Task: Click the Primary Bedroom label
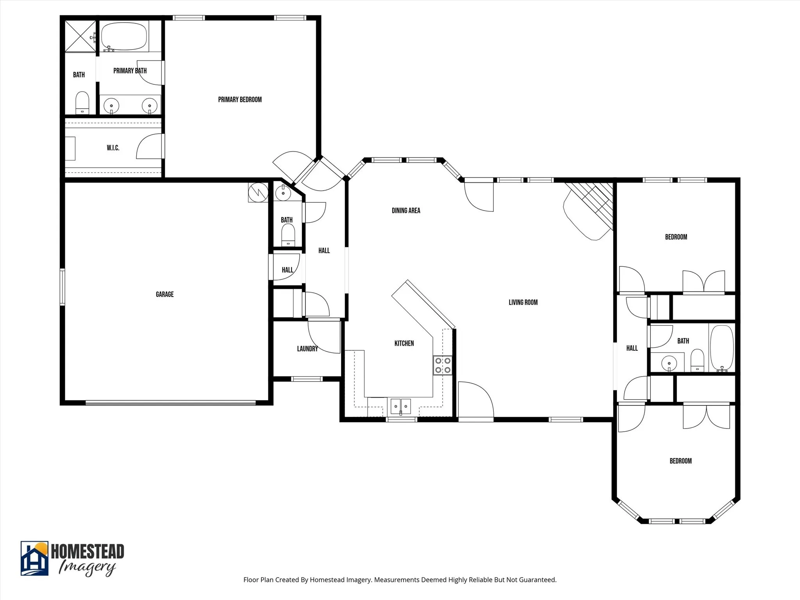[240, 100]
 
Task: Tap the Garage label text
[164, 294]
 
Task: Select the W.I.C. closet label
[113, 148]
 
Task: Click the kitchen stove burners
[443, 365]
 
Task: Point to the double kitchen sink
[400, 407]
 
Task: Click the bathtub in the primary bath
[124, 36]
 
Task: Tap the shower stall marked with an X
[80, 36]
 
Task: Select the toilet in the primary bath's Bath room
[82, 103]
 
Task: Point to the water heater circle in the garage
[258, 192]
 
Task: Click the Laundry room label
[307, 348]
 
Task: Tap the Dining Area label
[406, 211]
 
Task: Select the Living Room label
[523, 302]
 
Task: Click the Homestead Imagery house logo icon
[34, 558]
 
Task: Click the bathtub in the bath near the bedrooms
[721, 347]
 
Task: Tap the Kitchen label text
[404, 343]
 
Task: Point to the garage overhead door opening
[170, 403]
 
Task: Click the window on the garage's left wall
[62, 286]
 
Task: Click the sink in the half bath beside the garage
[283, 192]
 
